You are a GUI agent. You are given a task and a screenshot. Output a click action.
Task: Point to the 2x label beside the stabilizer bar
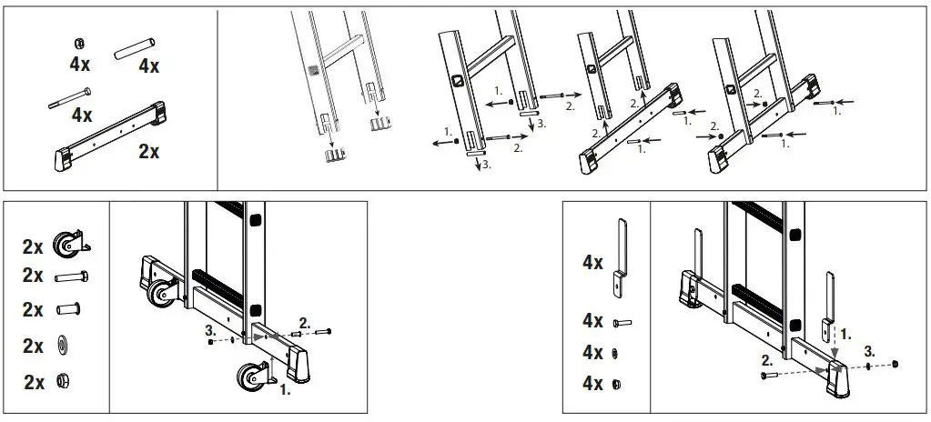(148, 152)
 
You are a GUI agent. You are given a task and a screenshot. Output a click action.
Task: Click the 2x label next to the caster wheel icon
(34, 246)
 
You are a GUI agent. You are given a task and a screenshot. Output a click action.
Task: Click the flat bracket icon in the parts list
(620, 258)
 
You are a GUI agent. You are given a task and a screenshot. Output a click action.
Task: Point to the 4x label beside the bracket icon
(593, 263)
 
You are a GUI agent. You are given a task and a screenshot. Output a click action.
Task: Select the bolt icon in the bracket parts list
(622, 322)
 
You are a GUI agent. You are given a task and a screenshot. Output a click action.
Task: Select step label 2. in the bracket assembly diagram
(768, 360)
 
